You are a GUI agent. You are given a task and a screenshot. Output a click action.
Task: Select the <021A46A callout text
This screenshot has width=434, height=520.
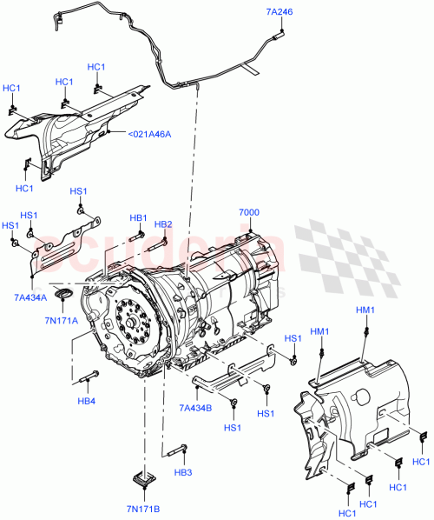(x=149, y=134)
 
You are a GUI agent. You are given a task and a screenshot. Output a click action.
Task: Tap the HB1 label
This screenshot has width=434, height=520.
(x=139, y=218)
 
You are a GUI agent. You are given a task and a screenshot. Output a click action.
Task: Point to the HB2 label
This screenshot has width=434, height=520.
(x=163, y=224)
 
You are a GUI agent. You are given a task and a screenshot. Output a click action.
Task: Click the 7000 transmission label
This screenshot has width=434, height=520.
(x=250, y=213)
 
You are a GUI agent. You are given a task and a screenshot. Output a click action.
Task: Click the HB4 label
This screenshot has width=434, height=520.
(x=85, y=401)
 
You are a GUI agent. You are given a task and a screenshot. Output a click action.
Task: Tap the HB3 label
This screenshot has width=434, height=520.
(x=182, y=473)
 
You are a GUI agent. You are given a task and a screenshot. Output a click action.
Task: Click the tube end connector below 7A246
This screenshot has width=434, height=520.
(x=279, y=36)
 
